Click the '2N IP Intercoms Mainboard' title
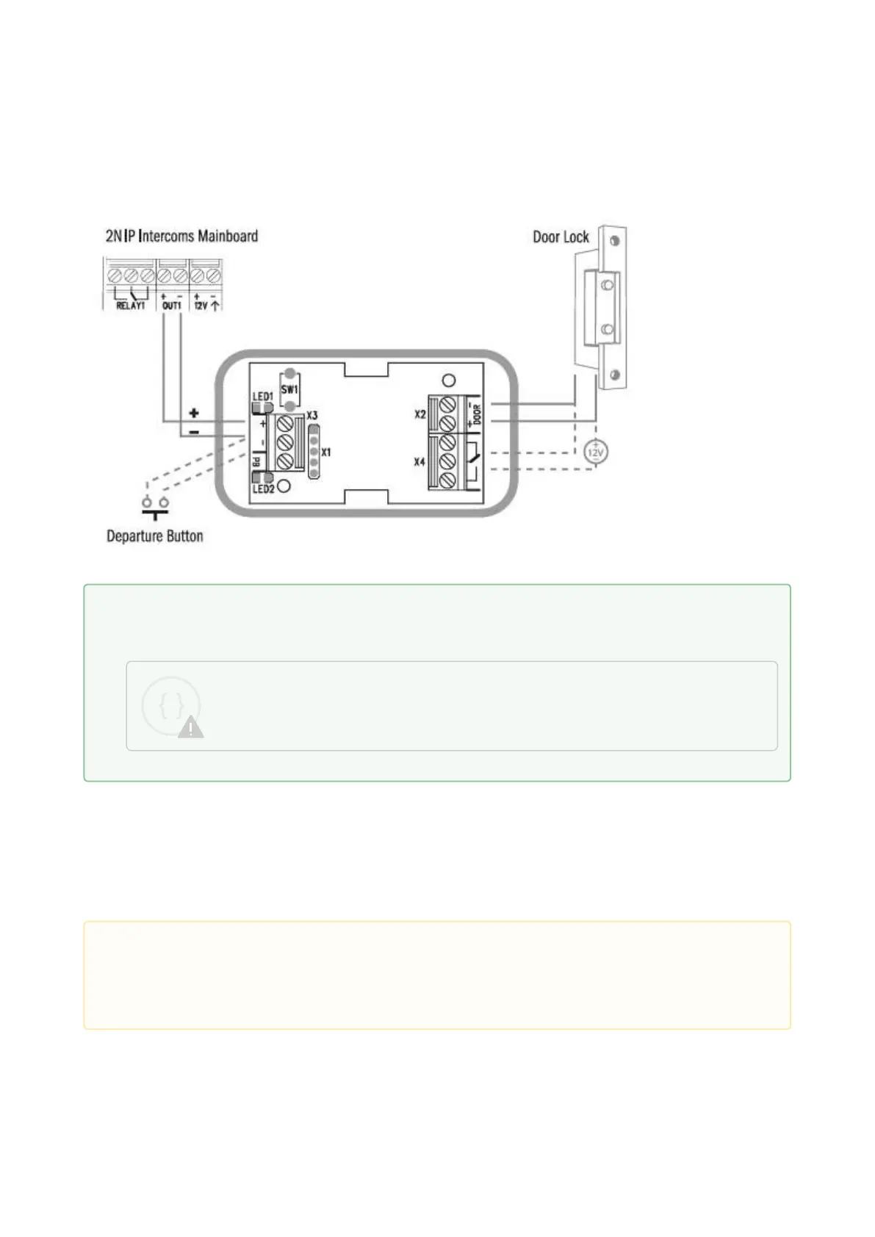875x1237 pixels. [181, 236]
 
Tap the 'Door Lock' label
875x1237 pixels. [561, 237]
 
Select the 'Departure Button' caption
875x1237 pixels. [154, 536]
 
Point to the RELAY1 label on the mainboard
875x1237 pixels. [131, 305]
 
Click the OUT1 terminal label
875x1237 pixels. [171, 305]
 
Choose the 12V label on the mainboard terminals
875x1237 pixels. [201, 305]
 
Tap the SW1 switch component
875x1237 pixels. [290, 389]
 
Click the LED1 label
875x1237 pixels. [262, 397]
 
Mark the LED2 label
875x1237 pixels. [263, 489]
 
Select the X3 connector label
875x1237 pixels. [312, 416]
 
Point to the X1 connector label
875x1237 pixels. [326, 452]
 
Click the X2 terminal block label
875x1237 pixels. [420, 414]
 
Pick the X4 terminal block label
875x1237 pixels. [420, 462]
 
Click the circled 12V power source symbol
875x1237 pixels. [595, 452]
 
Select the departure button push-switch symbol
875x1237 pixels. [154, 506]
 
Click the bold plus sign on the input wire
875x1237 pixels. [194, 413]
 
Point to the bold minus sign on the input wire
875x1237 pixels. [194, 433]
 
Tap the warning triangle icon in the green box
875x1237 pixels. [191, 727]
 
